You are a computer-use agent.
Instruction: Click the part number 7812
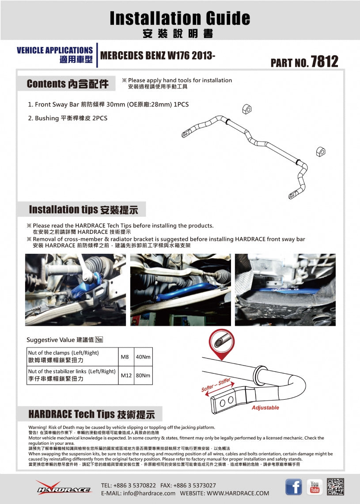(x=324, y=61)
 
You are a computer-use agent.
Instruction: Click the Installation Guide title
(x=180, y=18)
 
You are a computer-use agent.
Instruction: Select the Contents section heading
(x=68, y=84)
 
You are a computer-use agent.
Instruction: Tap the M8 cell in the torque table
(x=125, y=356)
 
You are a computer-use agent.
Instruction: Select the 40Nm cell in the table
(x=143, y=356)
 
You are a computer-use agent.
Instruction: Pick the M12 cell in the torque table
(x=126, y=375)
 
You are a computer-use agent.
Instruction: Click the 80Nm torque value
(x=143, y=375)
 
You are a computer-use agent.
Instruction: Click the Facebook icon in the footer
(x=294, y=487)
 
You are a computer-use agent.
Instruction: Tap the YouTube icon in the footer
(x=315, y=487)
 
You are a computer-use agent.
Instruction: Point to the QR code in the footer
(x=336, y=487)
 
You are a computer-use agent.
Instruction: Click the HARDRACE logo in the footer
(x=64, y=488)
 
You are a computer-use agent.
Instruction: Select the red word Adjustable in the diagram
(x=265, y=408)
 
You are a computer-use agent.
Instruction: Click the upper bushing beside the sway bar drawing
(x=246, y=109)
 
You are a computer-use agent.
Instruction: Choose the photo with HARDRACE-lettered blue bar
(x=285, y=290)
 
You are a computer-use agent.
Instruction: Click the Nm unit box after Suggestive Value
(x=99, y=340)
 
